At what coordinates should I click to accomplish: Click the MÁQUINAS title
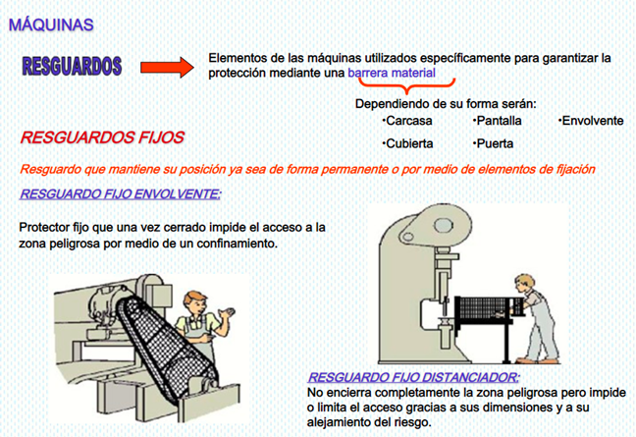(x=51, y=25)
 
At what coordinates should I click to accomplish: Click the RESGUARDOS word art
(x=72, y=66)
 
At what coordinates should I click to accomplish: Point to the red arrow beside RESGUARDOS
(x=167, y=68)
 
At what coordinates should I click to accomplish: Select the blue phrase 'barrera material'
(x=392, y=73)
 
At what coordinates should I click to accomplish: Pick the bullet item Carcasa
(x=407, y=121)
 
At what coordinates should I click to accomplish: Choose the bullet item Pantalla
(x=498, y=121)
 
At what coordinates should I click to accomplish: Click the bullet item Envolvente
(x=591, y=121)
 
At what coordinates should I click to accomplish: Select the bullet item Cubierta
(x=407, y=143)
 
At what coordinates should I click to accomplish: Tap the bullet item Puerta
(x=494, y=143)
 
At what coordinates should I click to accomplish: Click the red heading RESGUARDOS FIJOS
(x=102, y=137)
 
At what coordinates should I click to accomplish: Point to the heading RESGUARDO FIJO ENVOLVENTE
(x=121, y=194)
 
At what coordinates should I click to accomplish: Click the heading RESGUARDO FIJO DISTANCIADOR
(x=413, y=377)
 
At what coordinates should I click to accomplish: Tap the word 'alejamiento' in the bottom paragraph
(x=338, y=422)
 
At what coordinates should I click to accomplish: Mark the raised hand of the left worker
(x=226, y=313)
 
